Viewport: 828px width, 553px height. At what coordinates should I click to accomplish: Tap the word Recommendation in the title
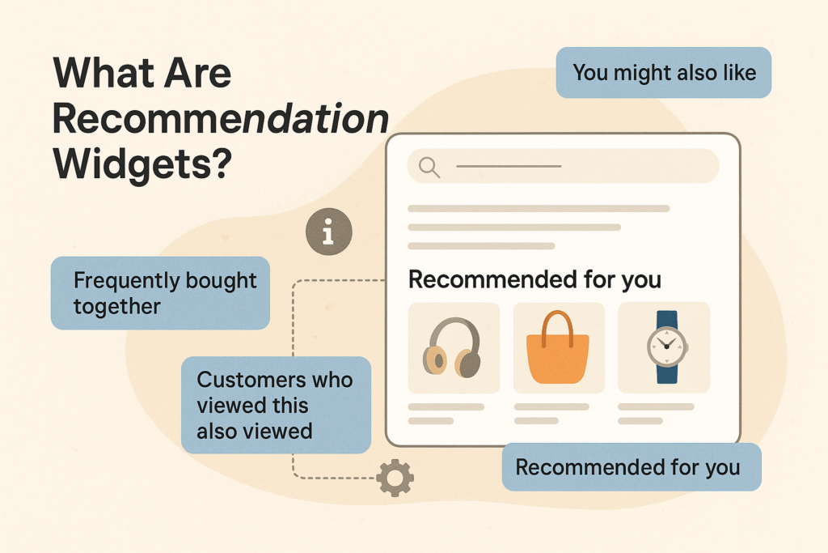point(220,119)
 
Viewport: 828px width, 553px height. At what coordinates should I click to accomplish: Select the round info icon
point(327,232)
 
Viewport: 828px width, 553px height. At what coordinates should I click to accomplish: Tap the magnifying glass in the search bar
point(429,167)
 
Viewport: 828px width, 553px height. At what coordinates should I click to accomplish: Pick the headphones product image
point(454,347)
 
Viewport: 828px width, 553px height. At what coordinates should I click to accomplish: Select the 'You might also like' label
point(664,73)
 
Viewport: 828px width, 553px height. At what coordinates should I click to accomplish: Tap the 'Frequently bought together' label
point(160,293)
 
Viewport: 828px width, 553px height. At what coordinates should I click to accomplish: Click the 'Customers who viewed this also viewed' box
point(276,405)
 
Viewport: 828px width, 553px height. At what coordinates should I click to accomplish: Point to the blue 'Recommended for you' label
point(631,467)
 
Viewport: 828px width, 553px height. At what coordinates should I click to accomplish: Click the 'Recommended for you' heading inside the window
point(534,280)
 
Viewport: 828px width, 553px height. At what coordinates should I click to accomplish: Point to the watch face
point(666,346)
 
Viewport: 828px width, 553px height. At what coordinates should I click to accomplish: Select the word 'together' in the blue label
point(116,306)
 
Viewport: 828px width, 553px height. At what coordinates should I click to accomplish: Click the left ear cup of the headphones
point(435,360)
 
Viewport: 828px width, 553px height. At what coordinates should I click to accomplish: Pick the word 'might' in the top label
point(643,73)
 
